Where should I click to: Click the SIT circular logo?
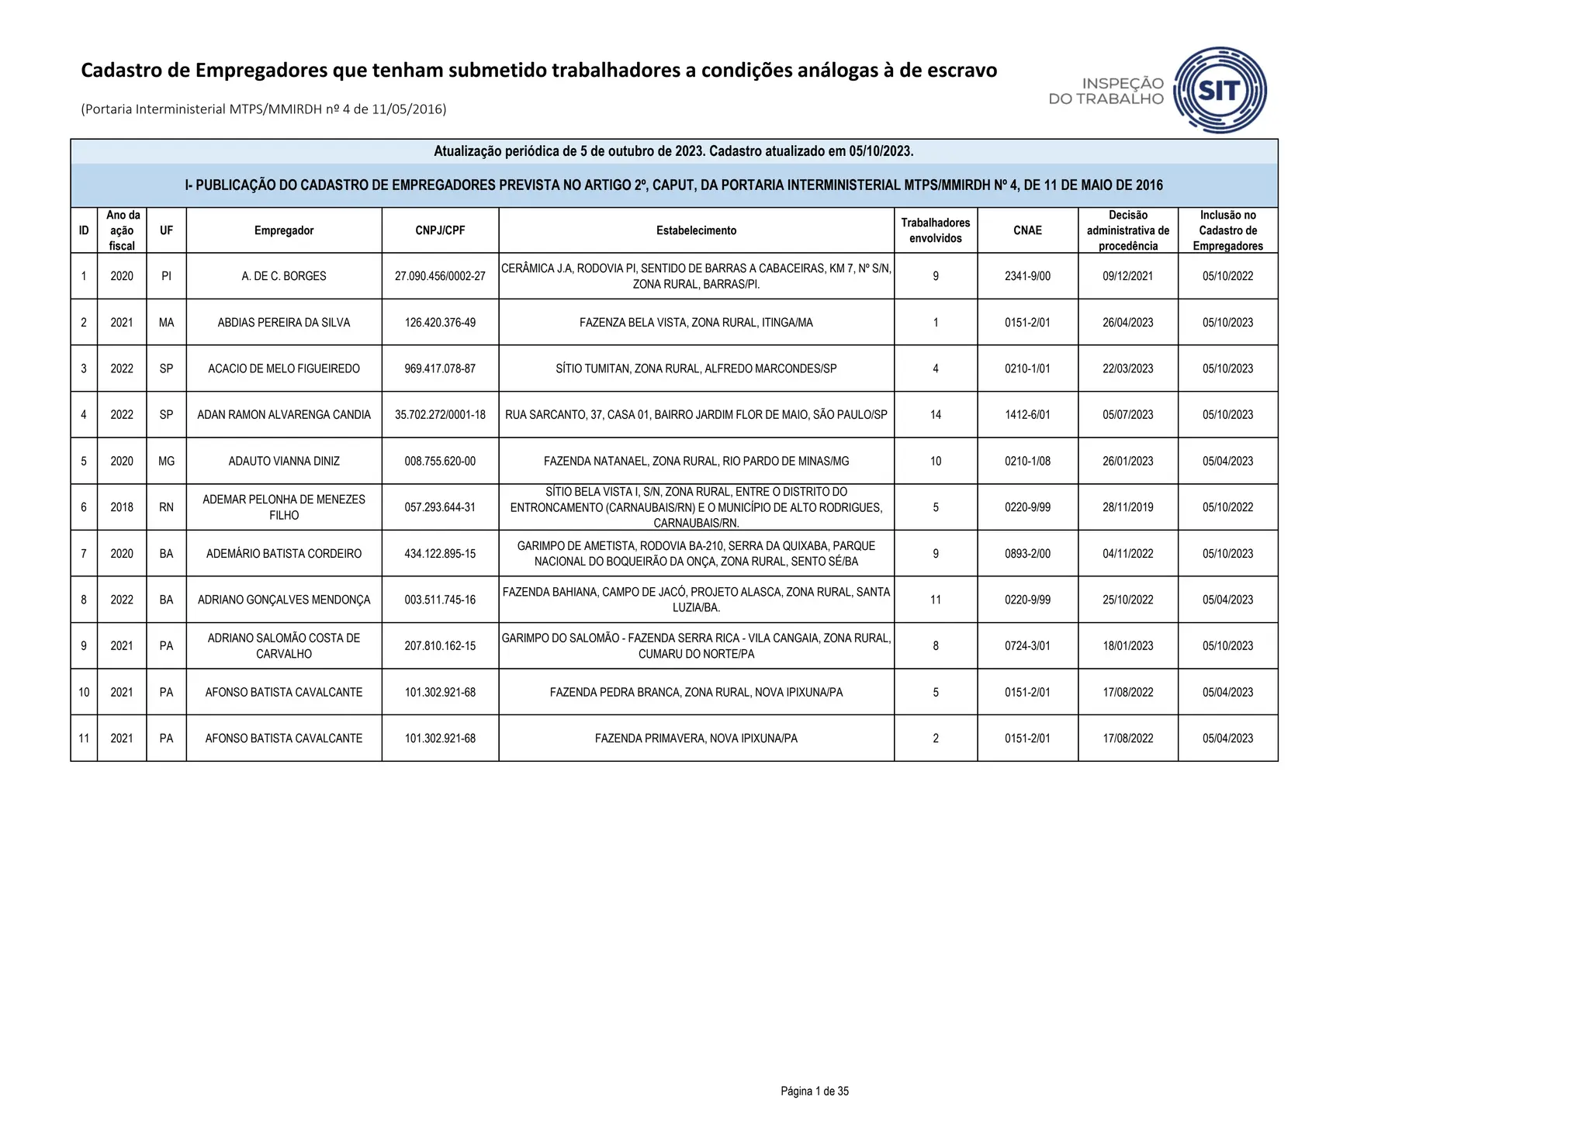click(x=1220, y=90)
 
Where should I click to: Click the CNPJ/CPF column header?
click(x=440, y=230)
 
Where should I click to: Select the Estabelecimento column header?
click(x=696, y=230)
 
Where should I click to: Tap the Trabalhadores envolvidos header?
click(x=935, y=230)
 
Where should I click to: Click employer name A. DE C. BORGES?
click(x=284, y=276)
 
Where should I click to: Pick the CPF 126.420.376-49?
click(x=440, y=323)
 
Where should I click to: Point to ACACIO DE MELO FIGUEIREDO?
click(x=284, y=368)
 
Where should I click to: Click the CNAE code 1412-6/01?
click(x=1027, y=415)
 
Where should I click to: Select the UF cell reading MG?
click(x=166, y=461)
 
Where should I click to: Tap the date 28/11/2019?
click(x=1127, y=507)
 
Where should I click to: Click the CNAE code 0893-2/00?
click(x=1027, y=554)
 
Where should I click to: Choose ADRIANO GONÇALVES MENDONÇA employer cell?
click(x=284, y=600)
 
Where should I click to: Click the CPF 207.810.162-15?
click(x=440, y=646)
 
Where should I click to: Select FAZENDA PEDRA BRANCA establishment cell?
click(x=696, y=692)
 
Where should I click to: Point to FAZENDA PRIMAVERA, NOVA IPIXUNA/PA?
click(x=696, y=738)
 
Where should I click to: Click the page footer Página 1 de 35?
click(x=815, y=1091)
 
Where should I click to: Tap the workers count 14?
click(x=935, y=415)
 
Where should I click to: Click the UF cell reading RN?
click(x=166, y=507)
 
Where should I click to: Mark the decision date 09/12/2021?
click(x=1127, y=276)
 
